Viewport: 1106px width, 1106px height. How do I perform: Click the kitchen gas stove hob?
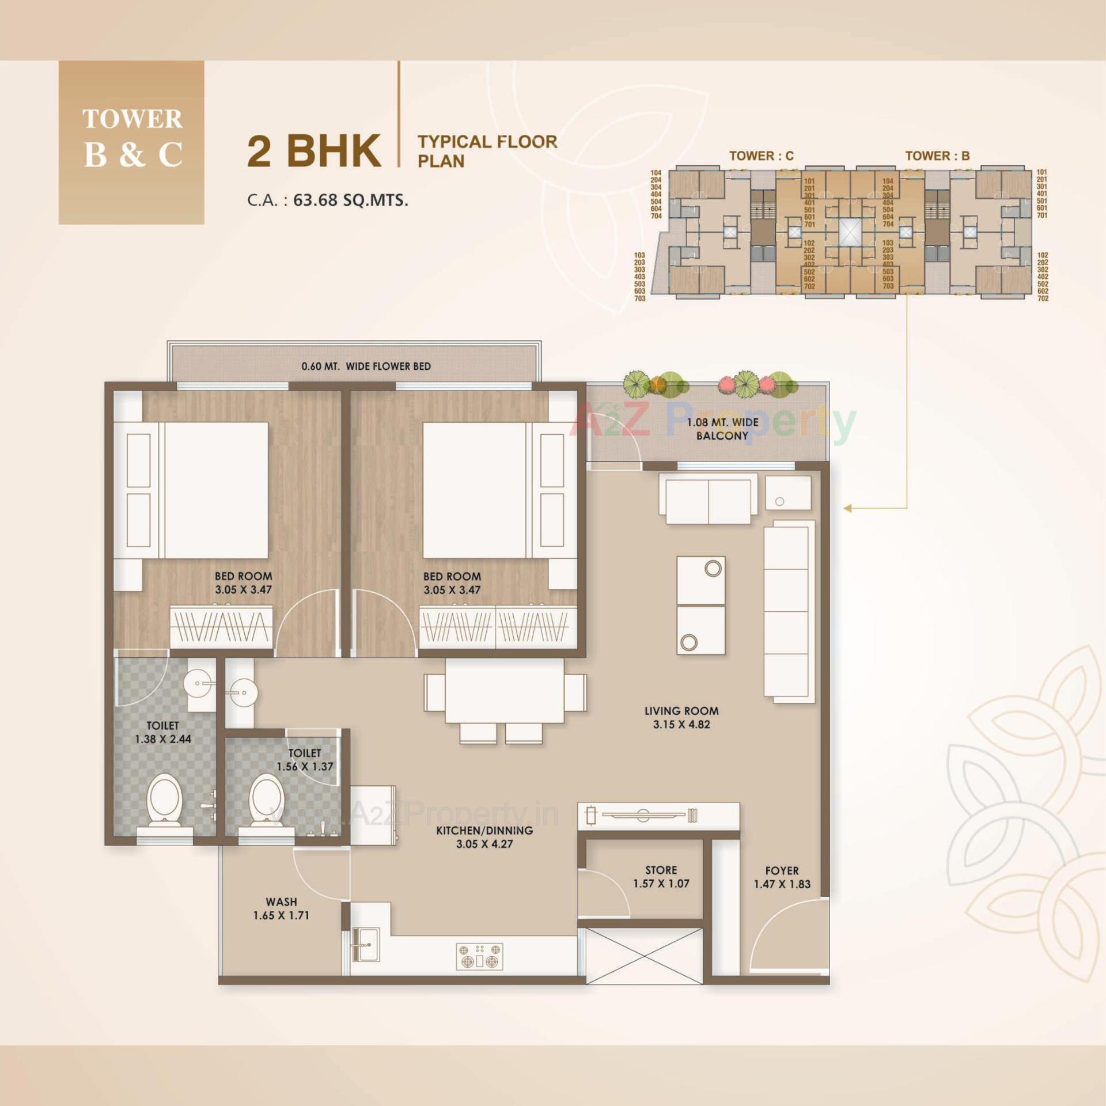click(x=479, y=956)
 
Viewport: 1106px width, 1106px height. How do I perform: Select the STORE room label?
click(x=661, y=870)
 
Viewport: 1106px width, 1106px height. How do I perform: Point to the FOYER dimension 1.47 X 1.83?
click(x=782, y=884)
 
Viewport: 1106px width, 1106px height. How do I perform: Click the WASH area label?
click(x=281, y=902)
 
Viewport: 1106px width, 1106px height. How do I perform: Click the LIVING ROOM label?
click(x=681, y=711)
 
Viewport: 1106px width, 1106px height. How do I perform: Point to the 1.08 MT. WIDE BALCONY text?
click(x=722, y=429)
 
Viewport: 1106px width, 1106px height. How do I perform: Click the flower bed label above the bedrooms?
click(x=366, y=366)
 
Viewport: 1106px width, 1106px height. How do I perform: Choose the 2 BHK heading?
click(x=314, y=151)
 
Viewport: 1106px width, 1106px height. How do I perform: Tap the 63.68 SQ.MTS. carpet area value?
click(x=350, y=200)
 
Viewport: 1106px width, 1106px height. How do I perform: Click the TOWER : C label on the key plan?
click(x=761, y=156)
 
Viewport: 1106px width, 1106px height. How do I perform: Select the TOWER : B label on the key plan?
click(x=937, y=156)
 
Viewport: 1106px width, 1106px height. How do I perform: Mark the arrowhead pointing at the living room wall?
click(x=847, y=508)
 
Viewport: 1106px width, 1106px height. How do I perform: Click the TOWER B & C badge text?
click(x=132, y=139)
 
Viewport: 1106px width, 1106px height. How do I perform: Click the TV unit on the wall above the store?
click(x=658, y=815)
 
